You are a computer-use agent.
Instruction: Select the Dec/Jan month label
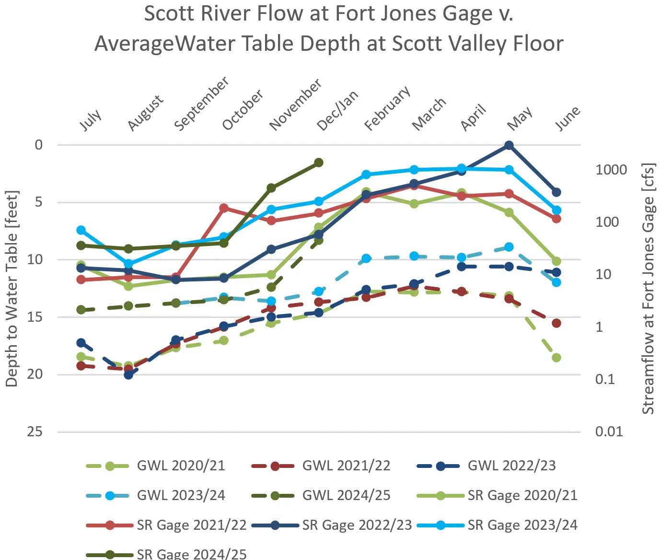337,111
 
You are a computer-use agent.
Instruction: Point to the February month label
387,108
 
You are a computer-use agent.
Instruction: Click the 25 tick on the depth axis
35,432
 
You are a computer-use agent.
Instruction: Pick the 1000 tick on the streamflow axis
611,170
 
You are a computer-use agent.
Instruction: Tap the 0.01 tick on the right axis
609,432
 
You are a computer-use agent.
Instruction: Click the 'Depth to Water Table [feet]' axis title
12,288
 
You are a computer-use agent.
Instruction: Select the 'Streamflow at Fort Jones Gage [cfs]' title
648,288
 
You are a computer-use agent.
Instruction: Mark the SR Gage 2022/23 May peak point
509,145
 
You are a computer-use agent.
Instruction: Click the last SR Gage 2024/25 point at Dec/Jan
319,163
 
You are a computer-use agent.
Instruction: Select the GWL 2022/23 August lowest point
128,374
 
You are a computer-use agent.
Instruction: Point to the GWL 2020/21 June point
556,357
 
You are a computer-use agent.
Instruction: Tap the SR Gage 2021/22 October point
224,208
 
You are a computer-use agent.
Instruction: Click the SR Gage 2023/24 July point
81,230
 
